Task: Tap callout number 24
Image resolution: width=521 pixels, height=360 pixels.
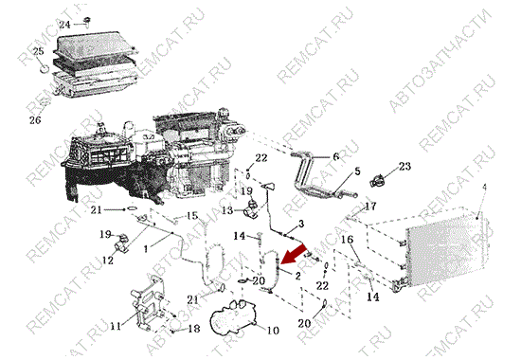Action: pyautogui.click(x=64, y=23)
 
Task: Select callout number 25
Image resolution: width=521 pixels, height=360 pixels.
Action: pyautogui.click(x=38, y=51)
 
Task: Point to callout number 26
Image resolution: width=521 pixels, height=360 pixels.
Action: pyautogui.click(x=36, y=120)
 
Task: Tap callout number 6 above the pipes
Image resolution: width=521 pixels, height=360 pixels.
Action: pyautogui.click(x=334, y=156)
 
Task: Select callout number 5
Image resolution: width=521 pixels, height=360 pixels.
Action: pyautogui.click(x=358, y=171)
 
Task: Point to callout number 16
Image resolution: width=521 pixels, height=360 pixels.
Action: pyautogui.click(x=348, y=241)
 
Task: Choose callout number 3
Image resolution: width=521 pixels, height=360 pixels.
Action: pyautogui.click(x=300, y=224)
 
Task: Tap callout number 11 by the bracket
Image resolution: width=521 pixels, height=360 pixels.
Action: pyautogui.click(x=116, y=326)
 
